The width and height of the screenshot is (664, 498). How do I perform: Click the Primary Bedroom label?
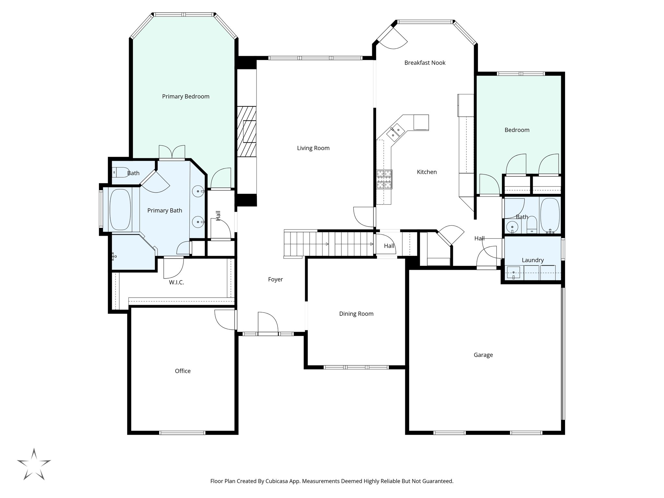pyautogui.click(x=185, y=96)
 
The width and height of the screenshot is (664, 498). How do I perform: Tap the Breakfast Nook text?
pyautogui.click(x=425, y=63)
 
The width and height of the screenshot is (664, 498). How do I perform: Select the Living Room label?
pyautogui.click(x=313, y=148)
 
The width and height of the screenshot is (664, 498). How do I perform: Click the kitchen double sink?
pyautogui.click(x=395, y=132)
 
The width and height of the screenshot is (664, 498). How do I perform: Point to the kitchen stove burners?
pyautogui.click(x=384, y=179)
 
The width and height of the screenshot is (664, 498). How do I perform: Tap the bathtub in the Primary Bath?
pyautogui.click(x=120, y=209)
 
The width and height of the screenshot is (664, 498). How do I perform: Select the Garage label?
pyautogui.click(x=483, y=355)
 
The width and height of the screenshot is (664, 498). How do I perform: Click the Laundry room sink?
pyautogui.click(x=514, y=273)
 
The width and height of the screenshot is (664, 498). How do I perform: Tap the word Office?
pyautogui.click(x=183, y=371)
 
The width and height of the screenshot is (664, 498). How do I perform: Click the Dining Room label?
pyautogui.click(x=356, y=314)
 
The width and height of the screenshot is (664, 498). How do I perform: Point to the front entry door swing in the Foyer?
pyautogui.click(x=268, y=323)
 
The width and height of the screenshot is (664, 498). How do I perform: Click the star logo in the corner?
pyautogui.click(x=34, y=464)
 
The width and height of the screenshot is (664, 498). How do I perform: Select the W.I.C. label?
pyautogui.click(x=176, y=282)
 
